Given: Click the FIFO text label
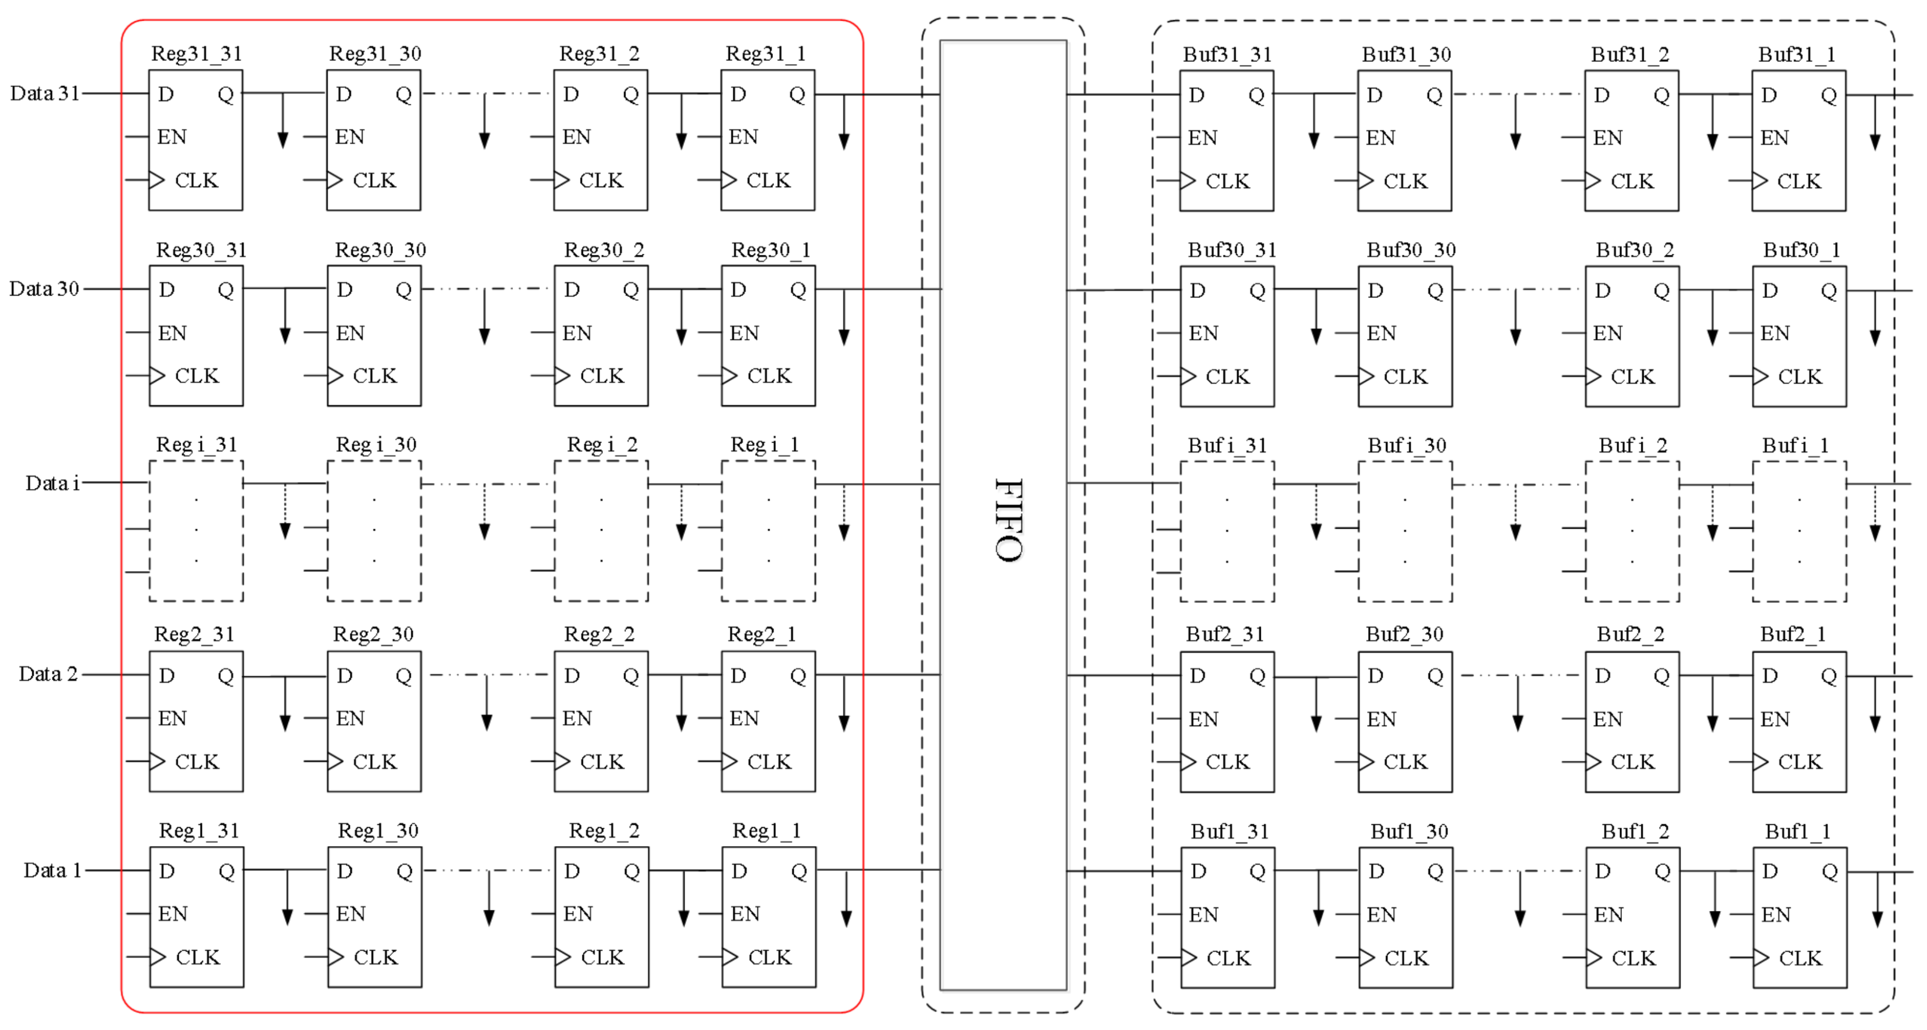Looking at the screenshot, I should point(1008,520).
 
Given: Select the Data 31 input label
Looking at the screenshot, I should point(44,93).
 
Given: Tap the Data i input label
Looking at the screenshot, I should point(53,483).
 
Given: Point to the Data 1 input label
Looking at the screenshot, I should point(51,870).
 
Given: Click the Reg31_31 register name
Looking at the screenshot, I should point(197,54).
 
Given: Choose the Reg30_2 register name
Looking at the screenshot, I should point(604,250).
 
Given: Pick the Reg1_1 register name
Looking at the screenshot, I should point(766,830).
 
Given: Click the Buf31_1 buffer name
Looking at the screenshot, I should point(1796,55).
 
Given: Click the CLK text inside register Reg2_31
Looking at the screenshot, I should point(197,762).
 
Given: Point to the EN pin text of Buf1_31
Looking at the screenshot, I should point(1204,914).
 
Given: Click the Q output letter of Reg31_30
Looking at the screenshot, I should point(403,95).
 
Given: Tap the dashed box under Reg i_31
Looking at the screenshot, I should point(196,530).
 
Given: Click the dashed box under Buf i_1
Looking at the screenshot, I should point(1799,531).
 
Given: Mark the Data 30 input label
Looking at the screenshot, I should point(44,289).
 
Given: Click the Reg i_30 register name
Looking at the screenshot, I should point(376,445).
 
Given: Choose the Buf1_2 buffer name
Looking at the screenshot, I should point(1635,831).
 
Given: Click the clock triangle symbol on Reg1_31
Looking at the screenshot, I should point(157,957).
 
